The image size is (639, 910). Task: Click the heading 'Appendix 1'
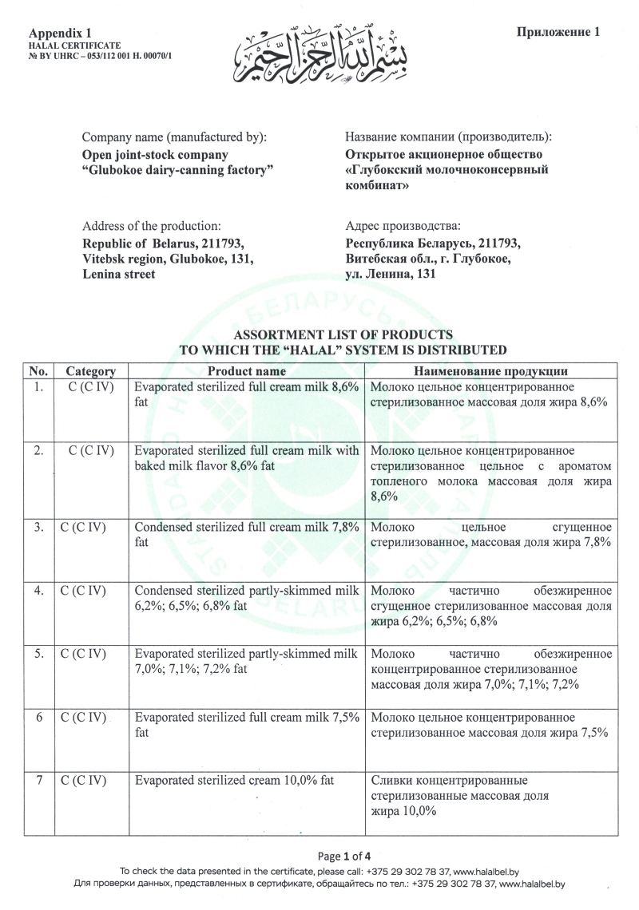pyautogui.click(x=60, y=33)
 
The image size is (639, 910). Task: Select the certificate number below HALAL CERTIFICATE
pyautogui.click(x=101, y=57)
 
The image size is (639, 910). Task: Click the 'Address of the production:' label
pyautogui.click(x=152, y=227)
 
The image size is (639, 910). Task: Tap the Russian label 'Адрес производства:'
pyautogui.click(x=403, y=227)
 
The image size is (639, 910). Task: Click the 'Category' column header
pyautogui.click(x=90, y=371)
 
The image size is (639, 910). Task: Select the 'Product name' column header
pyautogui.click(x=247, y=371)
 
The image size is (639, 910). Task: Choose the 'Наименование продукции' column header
pyautogui.click(x=490, y=371)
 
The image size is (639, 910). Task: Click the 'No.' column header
pyautogui.click(x=39, y=371)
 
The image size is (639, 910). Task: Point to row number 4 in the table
pyautogui.click(x=38, y=592)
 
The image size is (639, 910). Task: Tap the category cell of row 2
pyautogui.click(x=91, y=451)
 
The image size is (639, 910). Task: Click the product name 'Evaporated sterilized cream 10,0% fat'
pyautogui.click(x=234, y=781)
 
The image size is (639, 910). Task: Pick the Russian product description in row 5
pyautogui.click(x=491, y=669)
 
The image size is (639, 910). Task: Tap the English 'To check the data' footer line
pyautogui.click(x=319, y=872)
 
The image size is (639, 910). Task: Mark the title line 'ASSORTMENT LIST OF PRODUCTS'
pyautogui.click(x=343, y=334)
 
